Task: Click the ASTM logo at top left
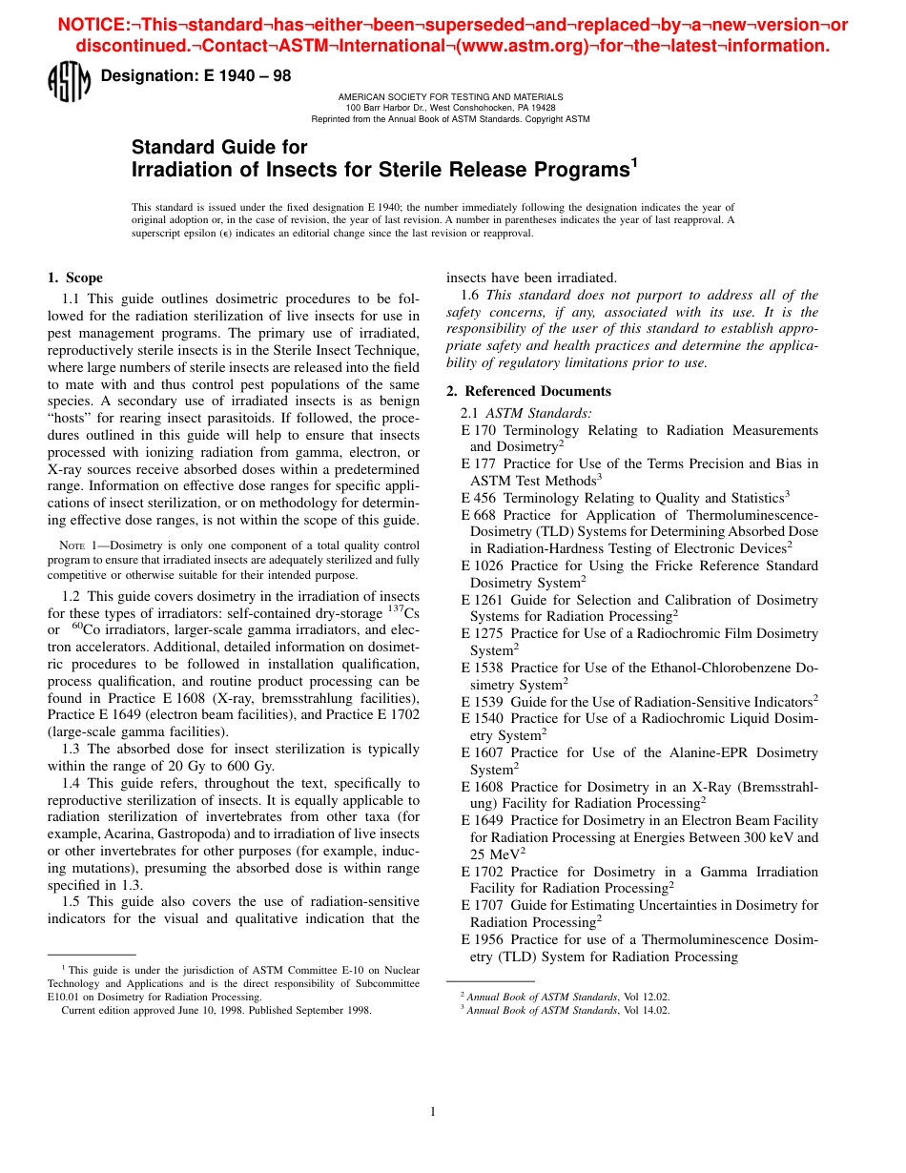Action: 68,82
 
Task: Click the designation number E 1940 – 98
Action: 196,76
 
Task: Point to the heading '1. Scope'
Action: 75,278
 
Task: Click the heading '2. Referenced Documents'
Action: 528,391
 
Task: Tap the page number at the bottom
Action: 433,1111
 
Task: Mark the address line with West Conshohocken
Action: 450,108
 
